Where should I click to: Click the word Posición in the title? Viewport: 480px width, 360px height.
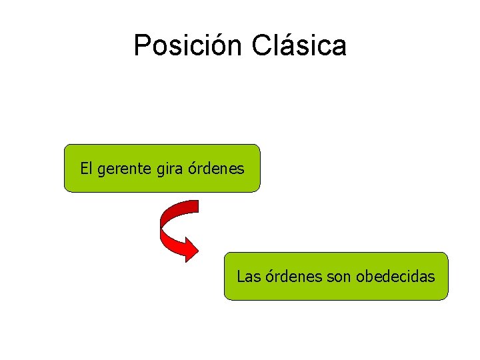[189, 46]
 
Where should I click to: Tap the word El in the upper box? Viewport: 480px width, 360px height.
[86, 169]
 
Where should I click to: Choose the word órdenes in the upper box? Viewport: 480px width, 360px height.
[215, 169]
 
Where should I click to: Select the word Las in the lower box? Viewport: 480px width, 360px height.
[249, 276]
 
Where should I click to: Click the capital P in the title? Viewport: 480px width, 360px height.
[142, 46]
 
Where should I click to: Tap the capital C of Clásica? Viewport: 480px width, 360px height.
[262, 46]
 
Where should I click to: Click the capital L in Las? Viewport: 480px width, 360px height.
[241, 276]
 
